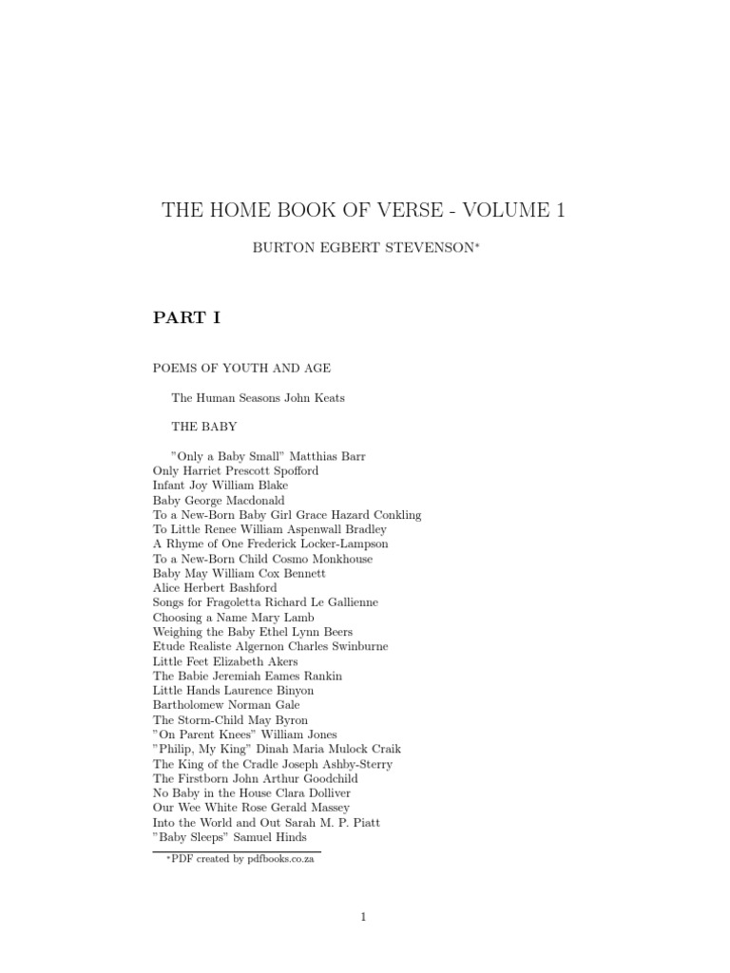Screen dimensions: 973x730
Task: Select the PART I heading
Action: point(186,318)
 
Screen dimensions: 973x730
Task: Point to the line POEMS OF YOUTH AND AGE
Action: point(241,368)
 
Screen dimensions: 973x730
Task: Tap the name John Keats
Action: point(315,398)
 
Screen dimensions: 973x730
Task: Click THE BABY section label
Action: point(203,427)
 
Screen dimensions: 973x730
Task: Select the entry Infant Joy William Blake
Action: point(221,486)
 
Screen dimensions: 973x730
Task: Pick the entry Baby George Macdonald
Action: point(219,500)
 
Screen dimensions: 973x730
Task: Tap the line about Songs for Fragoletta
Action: point(265,602)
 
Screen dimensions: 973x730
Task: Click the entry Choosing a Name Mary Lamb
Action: point(233,617)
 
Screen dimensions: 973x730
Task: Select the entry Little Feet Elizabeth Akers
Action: point(225,661)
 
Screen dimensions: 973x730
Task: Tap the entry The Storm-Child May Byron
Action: point(230,720)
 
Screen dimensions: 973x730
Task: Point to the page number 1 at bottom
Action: point(362,916)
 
